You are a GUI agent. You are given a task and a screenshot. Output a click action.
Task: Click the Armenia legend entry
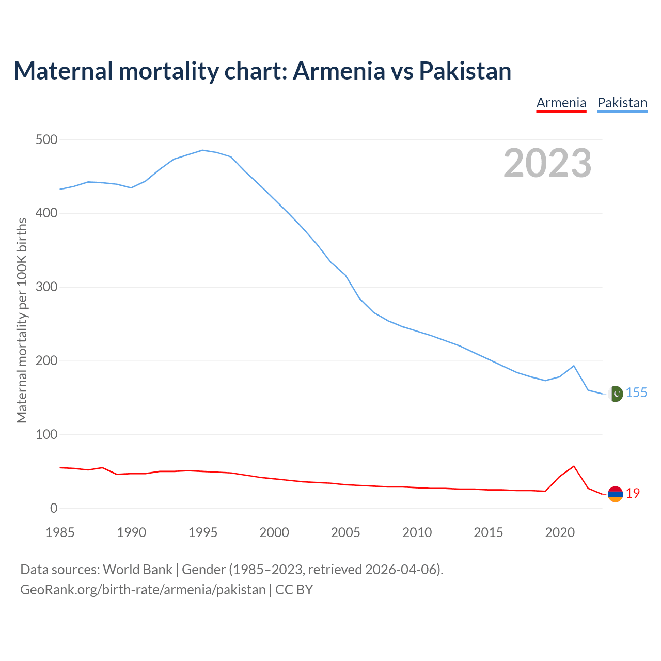pyautogui.click(x=561, y=103)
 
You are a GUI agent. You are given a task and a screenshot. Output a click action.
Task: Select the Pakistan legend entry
pyautogui.click(x=622, y=103)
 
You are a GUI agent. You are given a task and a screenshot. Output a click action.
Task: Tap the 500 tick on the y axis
pyautogui.click(x=46, y=139)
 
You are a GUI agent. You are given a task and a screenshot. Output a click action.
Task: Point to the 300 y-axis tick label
pyautogui.click(x=46, y=287)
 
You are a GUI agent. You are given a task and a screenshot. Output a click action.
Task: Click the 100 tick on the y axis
pyautogui.click(x=46, y=435)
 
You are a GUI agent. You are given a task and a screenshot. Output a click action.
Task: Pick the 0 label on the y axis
pyautogui.click(x=54, y=509)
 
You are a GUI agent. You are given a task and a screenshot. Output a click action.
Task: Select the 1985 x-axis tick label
pyautogui.click(x=60, y=532)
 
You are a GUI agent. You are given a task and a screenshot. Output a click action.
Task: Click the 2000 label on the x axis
pyautogui.click(x=274, y=532)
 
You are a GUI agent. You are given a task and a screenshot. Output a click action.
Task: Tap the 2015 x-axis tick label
pyautogui.click(x=489, y=532)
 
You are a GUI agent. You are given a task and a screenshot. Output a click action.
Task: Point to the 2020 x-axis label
pyautogui.click(x=560, y=532)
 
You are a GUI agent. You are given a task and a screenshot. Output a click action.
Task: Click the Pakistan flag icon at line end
pyautogui.click(x=615, y=394)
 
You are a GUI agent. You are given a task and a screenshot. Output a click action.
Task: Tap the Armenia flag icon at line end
pyautogui.click(x=615, y=494)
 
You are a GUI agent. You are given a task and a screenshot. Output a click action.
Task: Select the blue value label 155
pyautogui.click(x=636, y=393)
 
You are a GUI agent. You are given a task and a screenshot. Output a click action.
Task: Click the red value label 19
pyautogui.click(x=633, y=494)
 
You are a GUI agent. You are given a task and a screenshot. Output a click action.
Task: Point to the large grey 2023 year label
pyautogui.click(x=547, y=163)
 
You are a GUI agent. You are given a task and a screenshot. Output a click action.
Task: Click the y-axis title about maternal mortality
pyautogui.click(x=22, y=320)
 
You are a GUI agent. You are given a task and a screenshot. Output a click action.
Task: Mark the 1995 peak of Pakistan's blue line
pyautogui.click(x=202, y=150)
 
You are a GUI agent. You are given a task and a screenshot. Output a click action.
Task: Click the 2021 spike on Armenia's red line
pyautogui.click(x=574, y=466)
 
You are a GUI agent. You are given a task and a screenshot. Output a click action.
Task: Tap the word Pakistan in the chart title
pyautogui.click(x=465, y=71)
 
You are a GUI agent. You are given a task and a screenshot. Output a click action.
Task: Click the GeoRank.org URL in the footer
pyautogui.click(x=143, y=590)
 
